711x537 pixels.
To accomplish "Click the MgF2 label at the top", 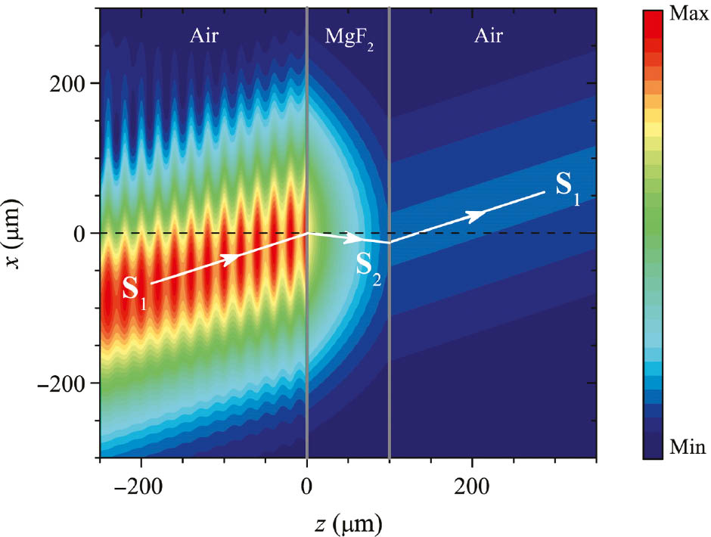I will coord(348,36).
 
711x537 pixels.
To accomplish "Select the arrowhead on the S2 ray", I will coord(354,239).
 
